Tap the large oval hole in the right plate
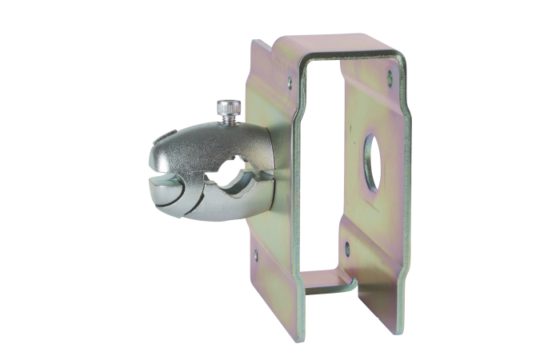[372, 162]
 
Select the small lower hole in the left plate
[256, 255]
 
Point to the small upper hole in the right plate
[390, 77]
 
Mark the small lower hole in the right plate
[346, 247]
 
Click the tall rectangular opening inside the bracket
[320, 160]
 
